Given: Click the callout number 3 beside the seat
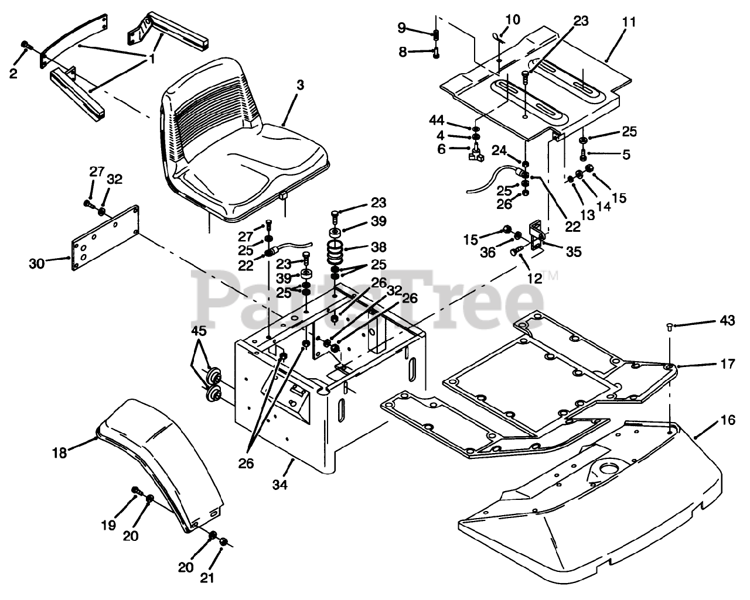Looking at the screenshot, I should [x=300, y=85].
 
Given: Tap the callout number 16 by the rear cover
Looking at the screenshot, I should [x=727, y=420].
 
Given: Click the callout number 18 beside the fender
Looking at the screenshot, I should [x=76, y=452].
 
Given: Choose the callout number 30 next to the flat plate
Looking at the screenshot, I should [x=37, y=248].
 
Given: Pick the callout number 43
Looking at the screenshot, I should [x=727, y=321].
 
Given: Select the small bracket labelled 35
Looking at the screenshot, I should [x=536, y=234].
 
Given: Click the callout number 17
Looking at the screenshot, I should [x=727, y=364].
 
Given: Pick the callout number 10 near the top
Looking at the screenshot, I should [x=512, y=19].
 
